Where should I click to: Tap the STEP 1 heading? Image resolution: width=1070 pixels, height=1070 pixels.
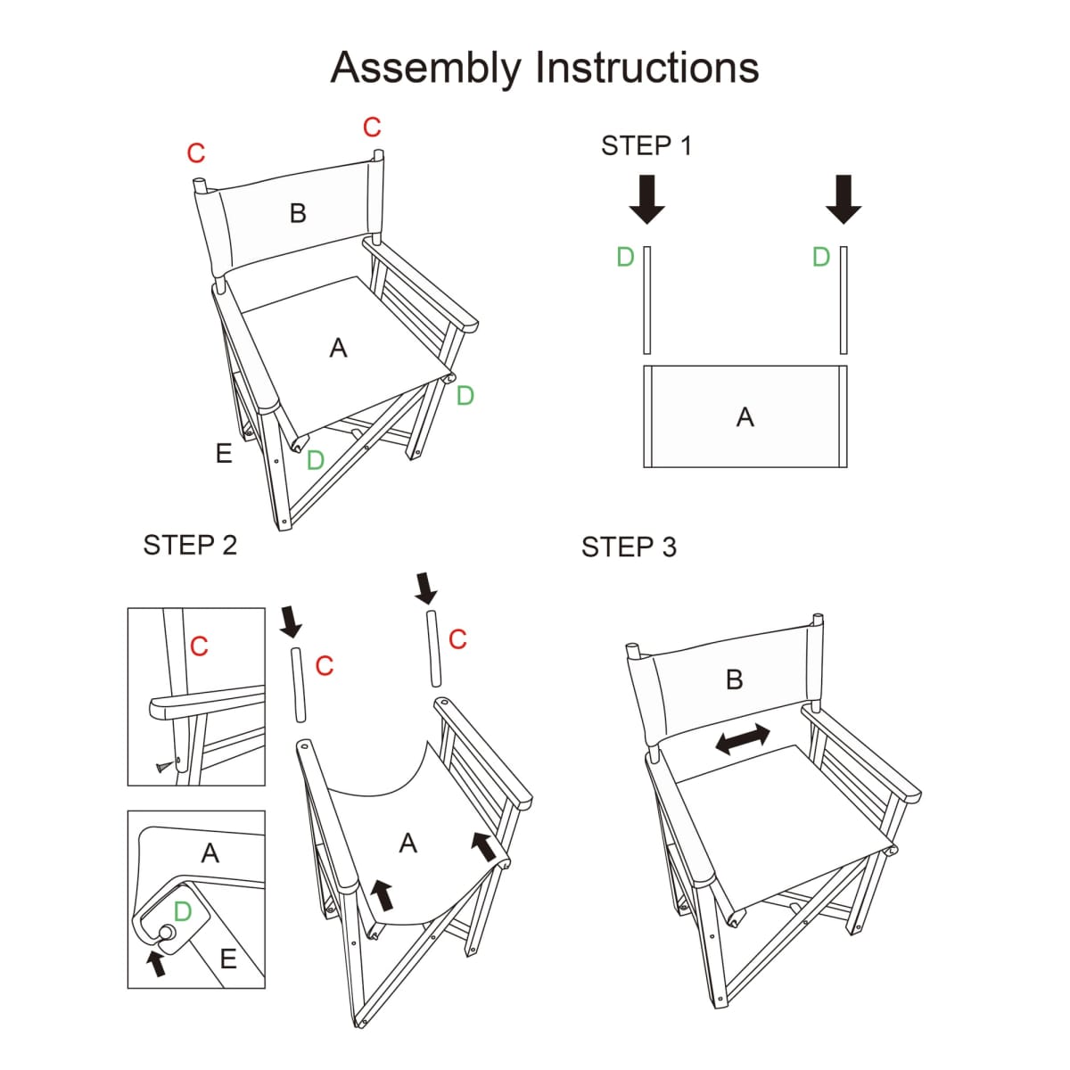point(646,145)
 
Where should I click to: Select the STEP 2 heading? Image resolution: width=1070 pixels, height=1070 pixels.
point(190,545)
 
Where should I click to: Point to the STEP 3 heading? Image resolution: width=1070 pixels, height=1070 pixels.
point(629,547)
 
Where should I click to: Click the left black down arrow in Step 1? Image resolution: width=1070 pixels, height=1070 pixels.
point(646,198)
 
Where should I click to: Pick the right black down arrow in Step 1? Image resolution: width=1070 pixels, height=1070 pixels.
point(844,198)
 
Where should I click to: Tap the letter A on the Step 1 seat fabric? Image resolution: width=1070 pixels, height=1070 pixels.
point(745,417)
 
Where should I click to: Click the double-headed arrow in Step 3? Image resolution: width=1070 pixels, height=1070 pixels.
point(743,739)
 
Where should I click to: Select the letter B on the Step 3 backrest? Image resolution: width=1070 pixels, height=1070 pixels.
point(735,680)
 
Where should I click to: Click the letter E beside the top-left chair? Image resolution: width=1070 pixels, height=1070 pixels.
point(224,454)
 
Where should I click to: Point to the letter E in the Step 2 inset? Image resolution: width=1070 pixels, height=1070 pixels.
point(228,959)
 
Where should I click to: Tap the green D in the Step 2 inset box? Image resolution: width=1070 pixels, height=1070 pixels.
point(183,911)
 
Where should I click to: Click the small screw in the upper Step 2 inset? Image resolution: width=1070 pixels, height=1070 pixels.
point(163,765)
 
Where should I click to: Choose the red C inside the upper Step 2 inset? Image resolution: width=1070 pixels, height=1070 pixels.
point(199,646)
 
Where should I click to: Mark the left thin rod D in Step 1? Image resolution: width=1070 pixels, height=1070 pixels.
point(647,300)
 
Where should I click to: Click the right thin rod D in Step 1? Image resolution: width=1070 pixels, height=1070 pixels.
point(844,300)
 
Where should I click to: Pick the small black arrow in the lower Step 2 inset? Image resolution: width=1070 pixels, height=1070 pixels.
point(157,962)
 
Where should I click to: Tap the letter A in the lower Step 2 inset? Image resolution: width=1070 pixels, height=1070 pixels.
point(210,853)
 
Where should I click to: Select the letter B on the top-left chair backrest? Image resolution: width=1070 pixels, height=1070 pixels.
point(298,213)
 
